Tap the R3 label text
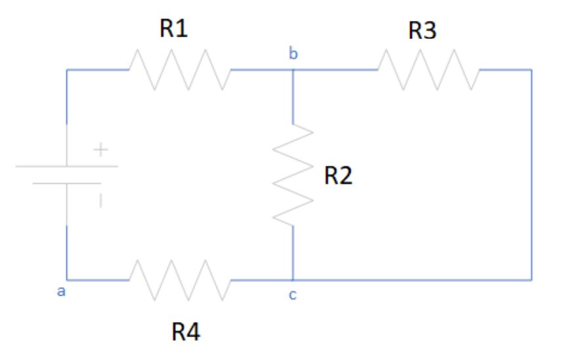(x=422, y=30)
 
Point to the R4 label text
(x=186, y=332)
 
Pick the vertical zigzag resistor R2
(x=293, y=174)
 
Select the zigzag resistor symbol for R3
(x=428, y=70)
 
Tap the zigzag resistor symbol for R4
(x=181, y=280)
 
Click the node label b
(x=293, y=54)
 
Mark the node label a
(x=62, y=292)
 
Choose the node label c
(x=293, y=296)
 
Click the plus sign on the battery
(x=100, y=151)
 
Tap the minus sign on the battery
(x=100, y=202)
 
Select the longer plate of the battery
(x=67, y=167)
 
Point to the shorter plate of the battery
(x=67, y=184)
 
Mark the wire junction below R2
(x=293, y=280)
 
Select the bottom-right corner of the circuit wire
(x=532, y=280)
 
